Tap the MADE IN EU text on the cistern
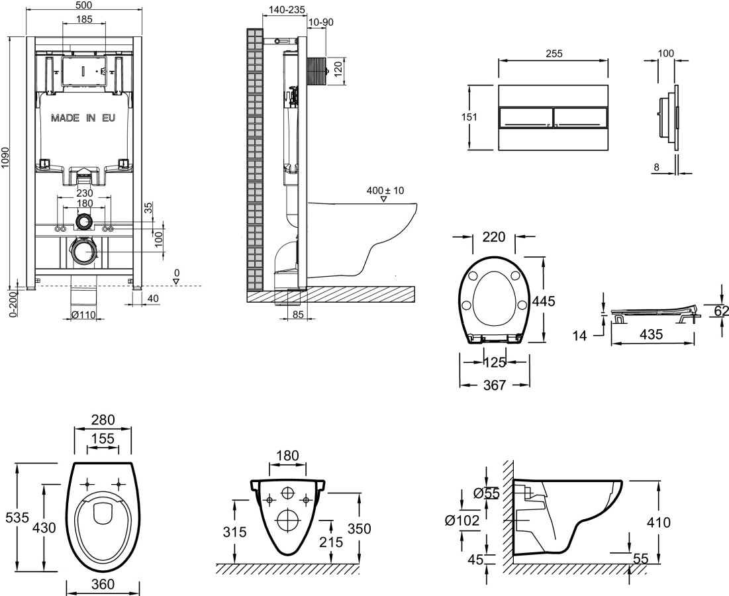[83, 119]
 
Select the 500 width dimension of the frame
[83, 4]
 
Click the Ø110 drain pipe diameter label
[83, 314]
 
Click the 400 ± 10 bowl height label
[385, 191]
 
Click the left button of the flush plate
[524, 118]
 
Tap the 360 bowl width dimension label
[103, 584]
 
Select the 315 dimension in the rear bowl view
[235, 531]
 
